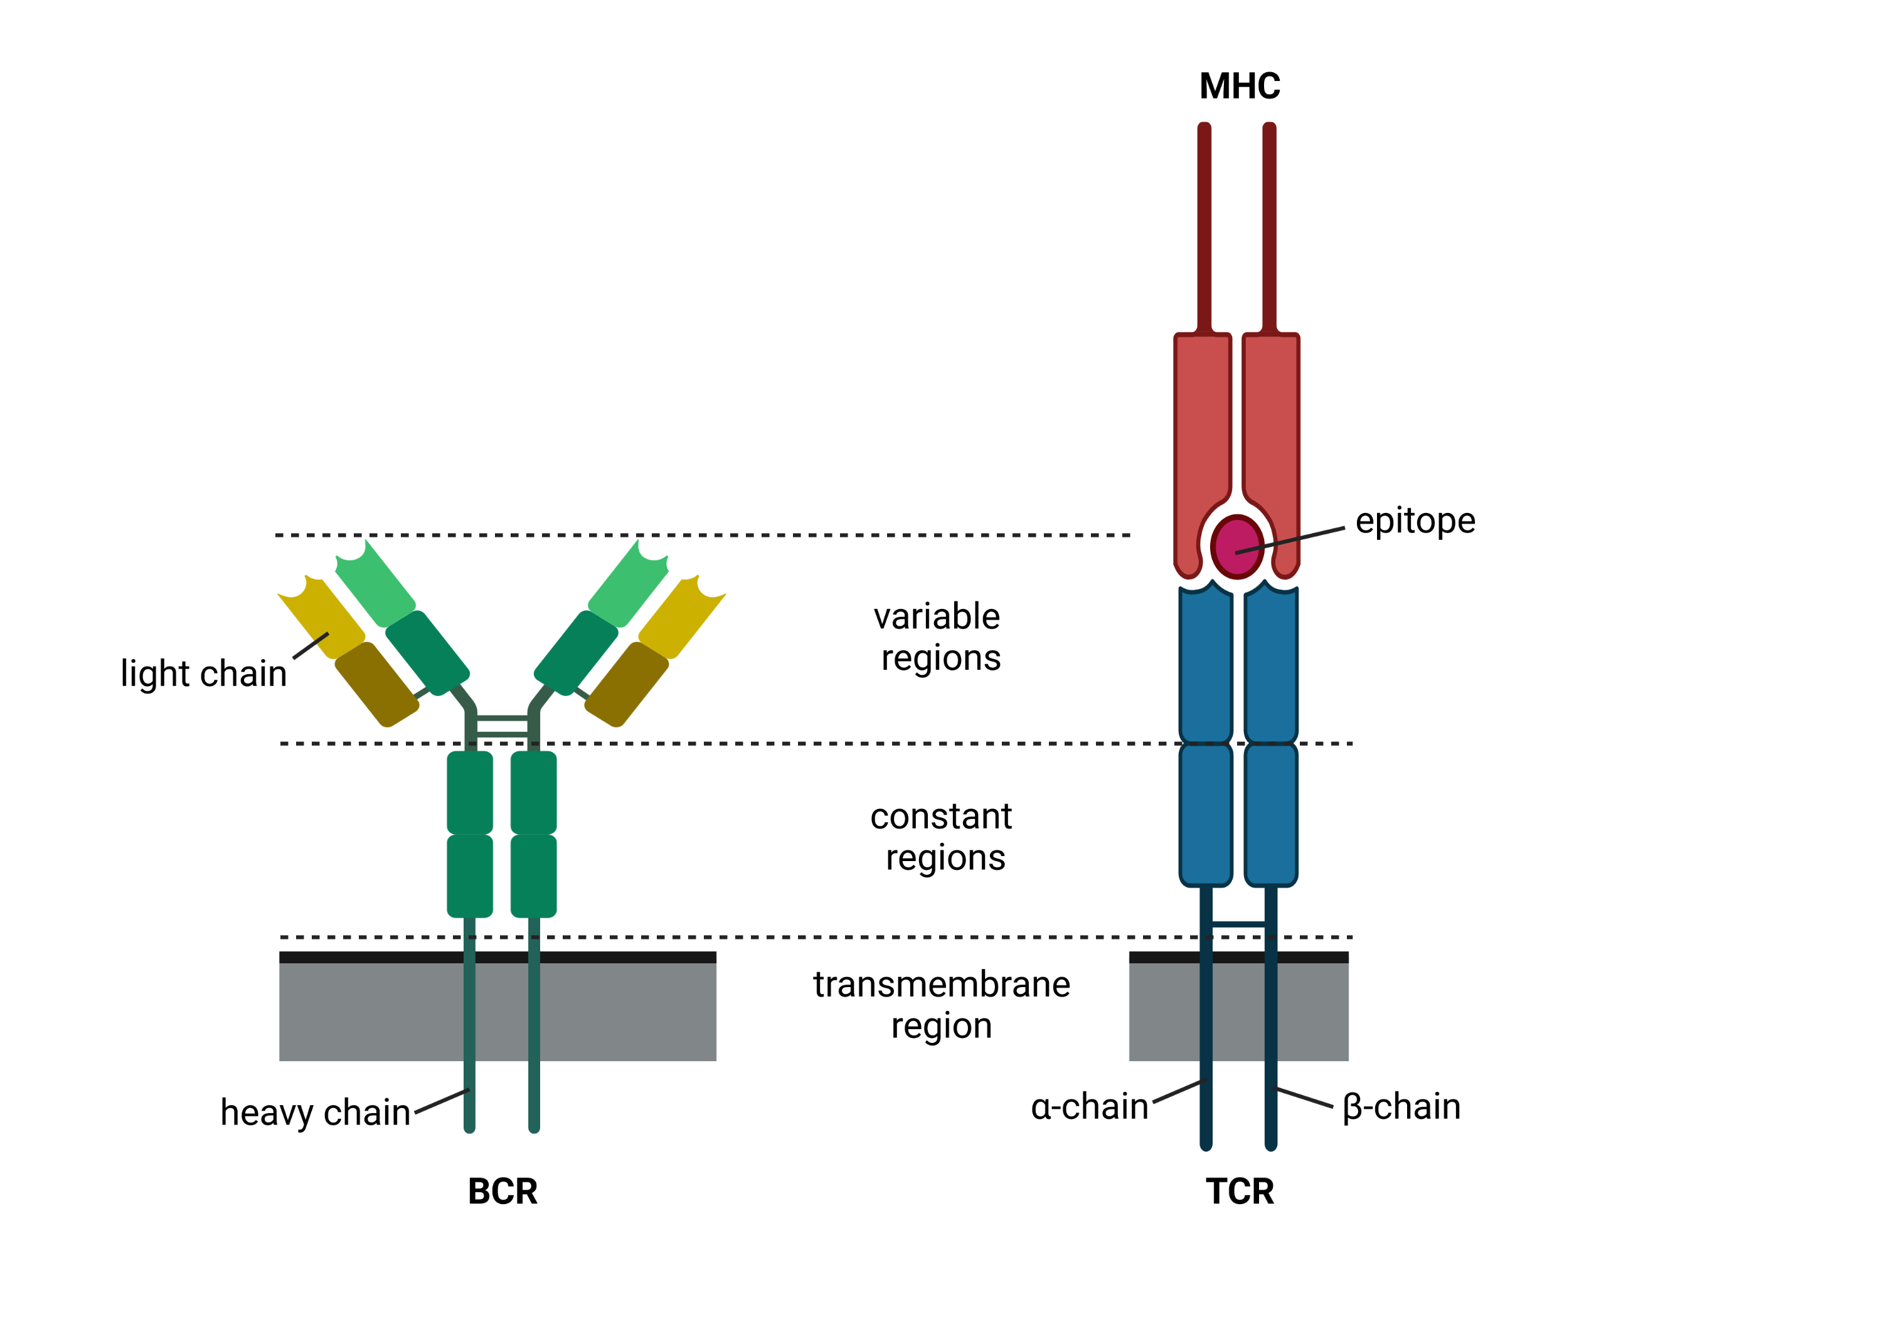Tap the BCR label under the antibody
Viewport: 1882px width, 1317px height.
click(502, 1191)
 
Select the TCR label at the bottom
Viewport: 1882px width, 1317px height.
click(1240, 1191)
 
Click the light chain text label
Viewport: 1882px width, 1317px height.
click(203, 674)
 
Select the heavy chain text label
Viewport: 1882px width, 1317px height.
click(315, 1112)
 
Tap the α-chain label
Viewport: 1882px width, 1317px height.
click(1089, 1106)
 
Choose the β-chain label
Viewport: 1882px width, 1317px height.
click(1401, 1106)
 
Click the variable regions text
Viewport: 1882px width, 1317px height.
click(939, 637)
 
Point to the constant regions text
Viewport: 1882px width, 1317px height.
click(943, 837)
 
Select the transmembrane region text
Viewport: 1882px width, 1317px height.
click(941, 1004)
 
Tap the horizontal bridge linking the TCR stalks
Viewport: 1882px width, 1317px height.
click(1238, 924)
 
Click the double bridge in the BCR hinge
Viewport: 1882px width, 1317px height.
click(502, 726)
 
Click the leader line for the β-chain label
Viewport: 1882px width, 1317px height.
click(1305, 1098)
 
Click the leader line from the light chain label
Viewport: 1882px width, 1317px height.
click(311, 646)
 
